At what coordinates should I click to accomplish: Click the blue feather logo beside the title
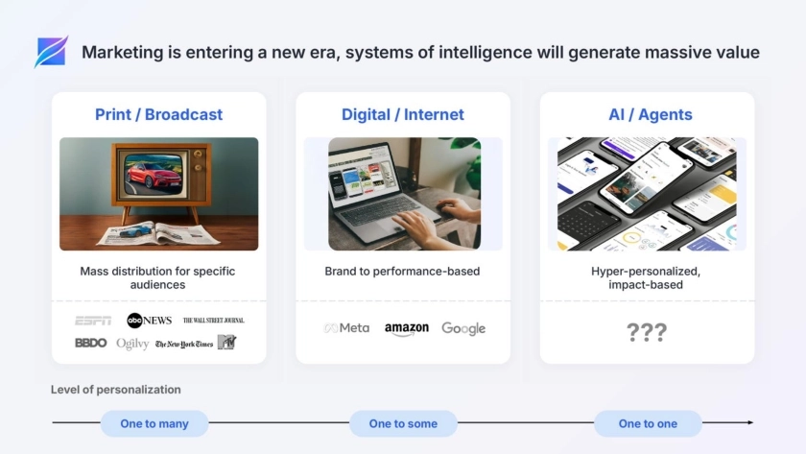[51, 52]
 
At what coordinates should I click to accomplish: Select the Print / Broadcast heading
[159, 114]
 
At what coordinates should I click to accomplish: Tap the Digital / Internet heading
[402, 114]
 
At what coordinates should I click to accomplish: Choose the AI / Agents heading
[651, 114]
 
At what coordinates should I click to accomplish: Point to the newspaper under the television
[159, 234]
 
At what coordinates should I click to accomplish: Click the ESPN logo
[92, 321]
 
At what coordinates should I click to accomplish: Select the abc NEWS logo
[149, 321]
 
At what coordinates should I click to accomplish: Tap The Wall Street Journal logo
[214, 321]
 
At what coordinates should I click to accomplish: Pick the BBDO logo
[91, 343]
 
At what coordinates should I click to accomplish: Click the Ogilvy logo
[132, 344]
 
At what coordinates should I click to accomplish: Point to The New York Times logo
[184, 344]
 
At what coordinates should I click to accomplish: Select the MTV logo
[226, 342]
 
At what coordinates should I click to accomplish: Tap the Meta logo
[346, 328]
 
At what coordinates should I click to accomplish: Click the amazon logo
[407, 329]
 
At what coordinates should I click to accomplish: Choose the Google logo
[463, 328]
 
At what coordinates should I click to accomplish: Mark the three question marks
[647, 332]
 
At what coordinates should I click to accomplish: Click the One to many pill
[154, 423]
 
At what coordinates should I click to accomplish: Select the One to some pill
[404, 423]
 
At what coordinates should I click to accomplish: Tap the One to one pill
[648, 423]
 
